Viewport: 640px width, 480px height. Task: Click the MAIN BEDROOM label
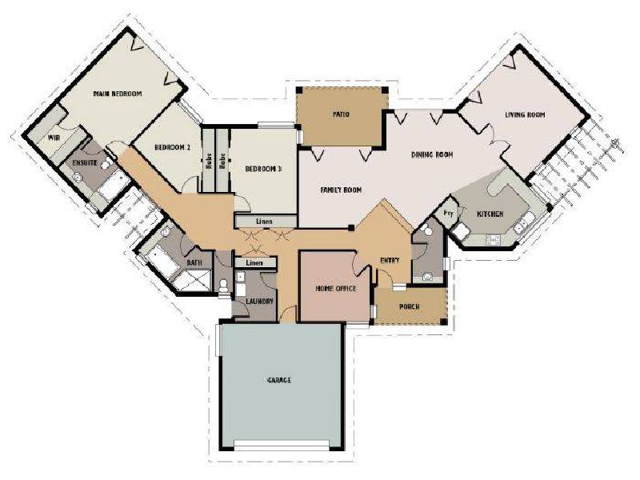tap(117, 94)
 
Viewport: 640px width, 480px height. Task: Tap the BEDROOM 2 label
tap(172, 148)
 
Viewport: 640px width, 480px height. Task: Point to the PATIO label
tap(342, 114)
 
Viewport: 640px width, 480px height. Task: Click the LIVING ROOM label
tap(524, 115)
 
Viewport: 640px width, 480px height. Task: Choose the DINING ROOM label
tap(433, 154)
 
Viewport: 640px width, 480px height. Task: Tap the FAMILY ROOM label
tap(342, 190)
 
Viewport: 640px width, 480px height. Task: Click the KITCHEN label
tap(490, 214)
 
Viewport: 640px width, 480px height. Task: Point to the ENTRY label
tap(390, 260)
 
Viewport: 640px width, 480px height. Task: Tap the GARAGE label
tap(279, 380)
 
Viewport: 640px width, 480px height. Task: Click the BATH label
tap(194, 262)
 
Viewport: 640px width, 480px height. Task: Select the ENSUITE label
tap(85, 163)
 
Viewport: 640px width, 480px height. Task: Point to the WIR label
tap(54, 138)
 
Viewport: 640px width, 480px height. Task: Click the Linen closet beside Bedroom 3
tap(264, 221)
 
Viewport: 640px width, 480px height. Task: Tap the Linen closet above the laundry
tap(254, 262)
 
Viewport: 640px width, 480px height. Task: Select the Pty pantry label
tap(449, 214)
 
